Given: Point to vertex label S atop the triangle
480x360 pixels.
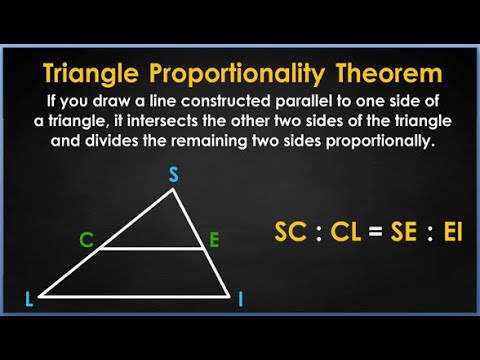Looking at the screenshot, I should (173, 175).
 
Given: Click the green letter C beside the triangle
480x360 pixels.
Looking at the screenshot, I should (87, 240).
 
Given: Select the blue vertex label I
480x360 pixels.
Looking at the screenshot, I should (241, 299).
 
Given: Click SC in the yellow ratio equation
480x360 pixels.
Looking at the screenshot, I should (292, 234).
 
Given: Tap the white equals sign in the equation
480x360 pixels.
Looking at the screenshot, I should (376, 234).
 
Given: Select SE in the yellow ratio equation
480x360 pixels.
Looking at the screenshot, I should (408, 234).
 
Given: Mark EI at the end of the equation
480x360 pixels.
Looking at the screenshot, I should (453, 234).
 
